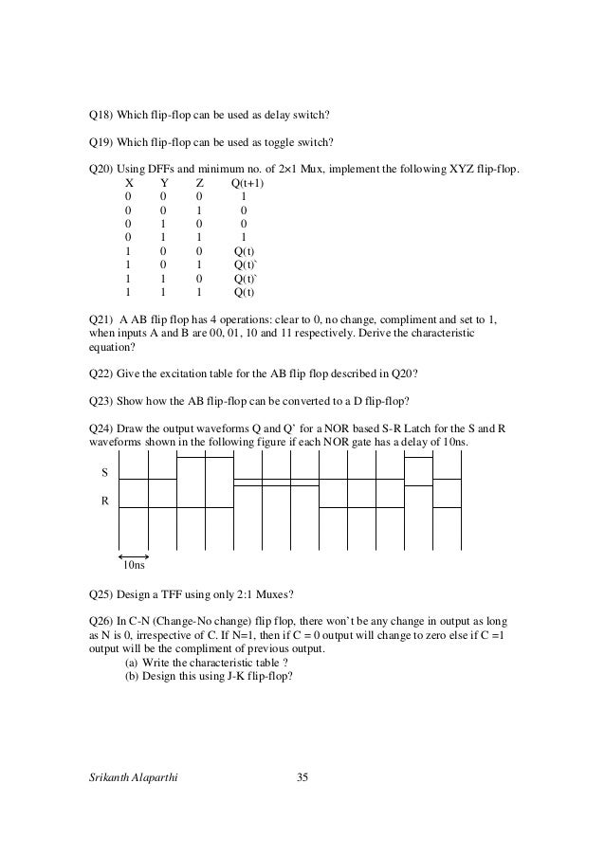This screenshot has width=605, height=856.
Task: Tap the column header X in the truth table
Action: tap(129, 183)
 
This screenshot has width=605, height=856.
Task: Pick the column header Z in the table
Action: tap(199, 183)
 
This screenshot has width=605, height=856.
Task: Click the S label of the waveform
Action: tap(104, 471)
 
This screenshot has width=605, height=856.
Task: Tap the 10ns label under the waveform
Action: tap(135, 567)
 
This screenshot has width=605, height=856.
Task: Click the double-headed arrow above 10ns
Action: tap(135, 555)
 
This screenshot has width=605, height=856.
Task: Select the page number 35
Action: tap(302, 779)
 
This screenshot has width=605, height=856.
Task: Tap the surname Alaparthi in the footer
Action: tap(158, 779)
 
